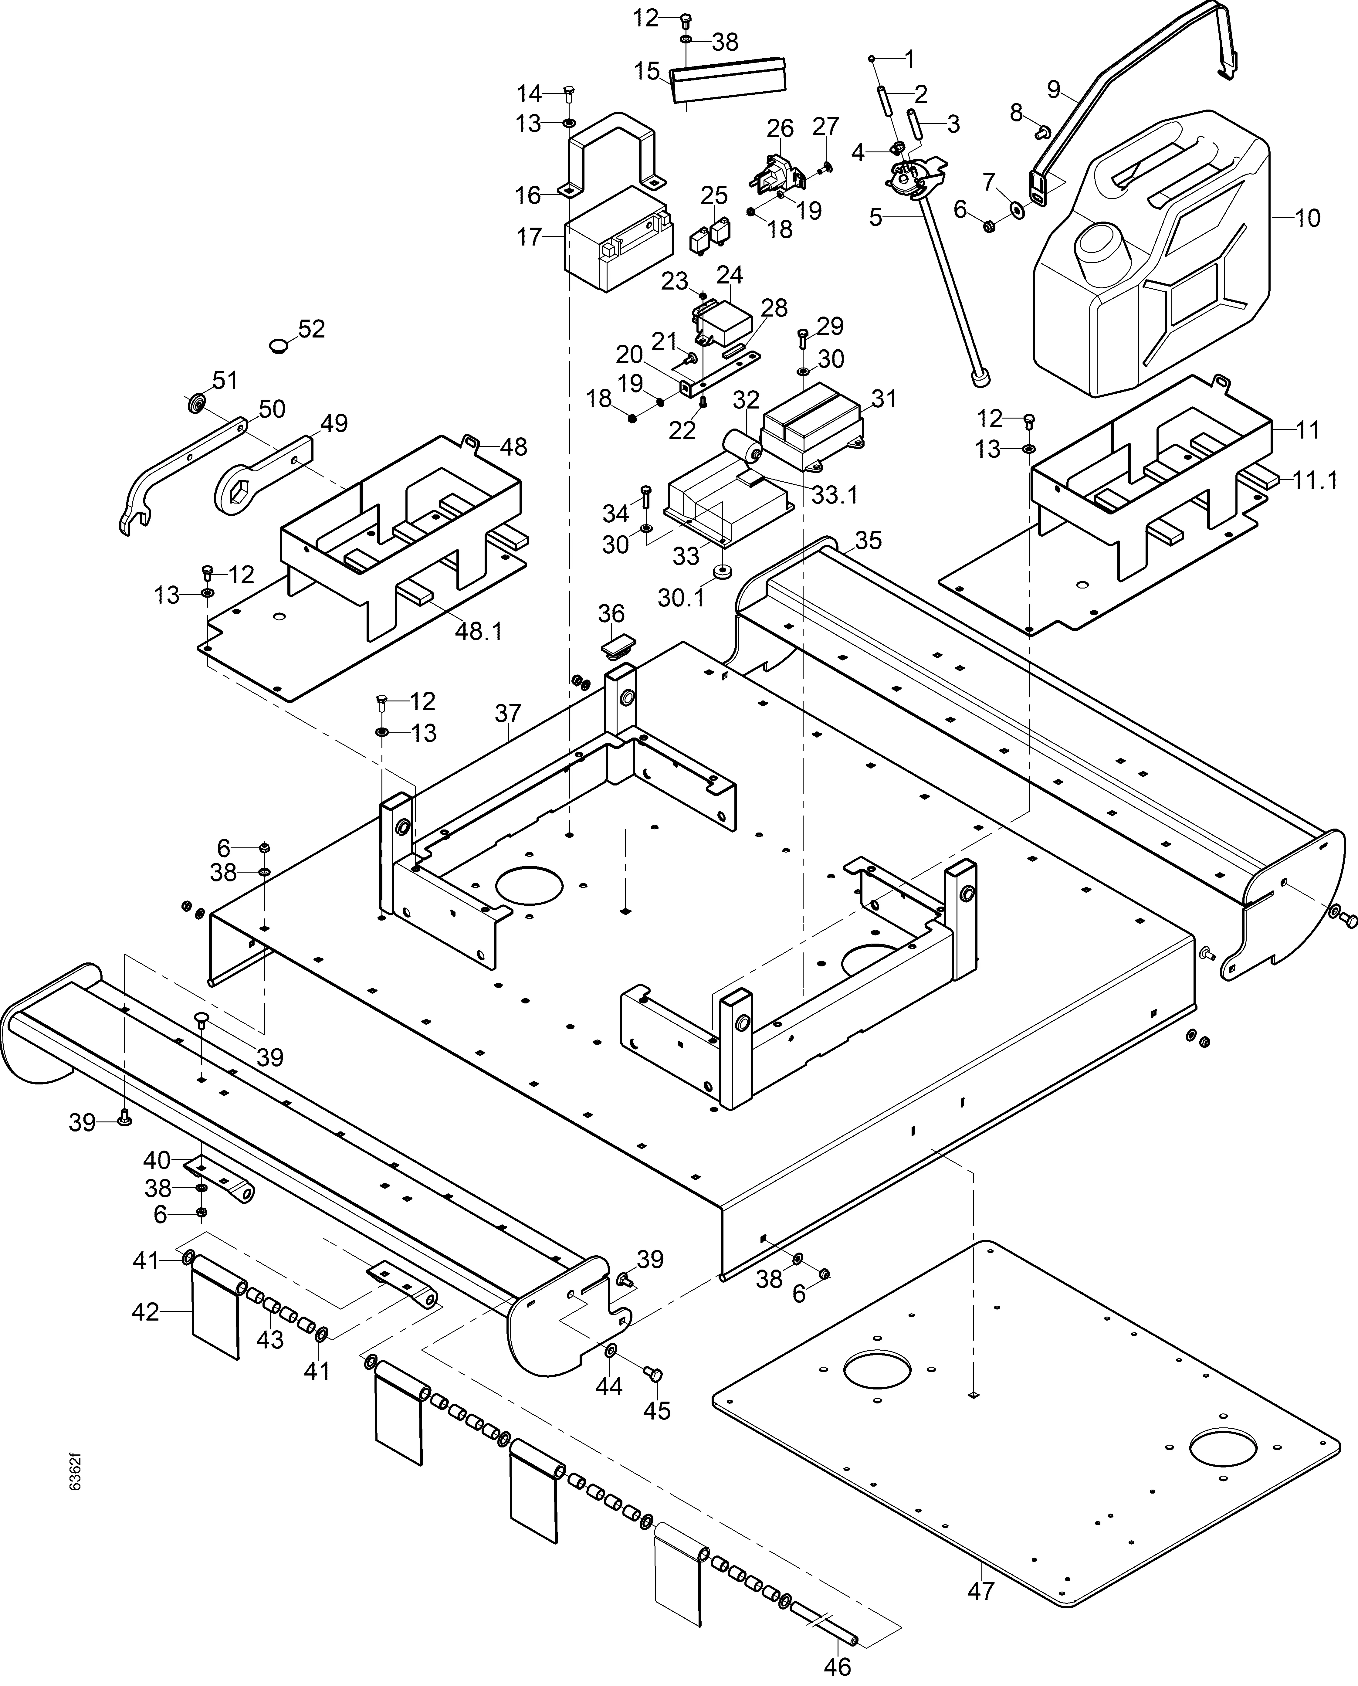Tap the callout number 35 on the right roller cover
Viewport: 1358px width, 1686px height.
coord(868,541)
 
